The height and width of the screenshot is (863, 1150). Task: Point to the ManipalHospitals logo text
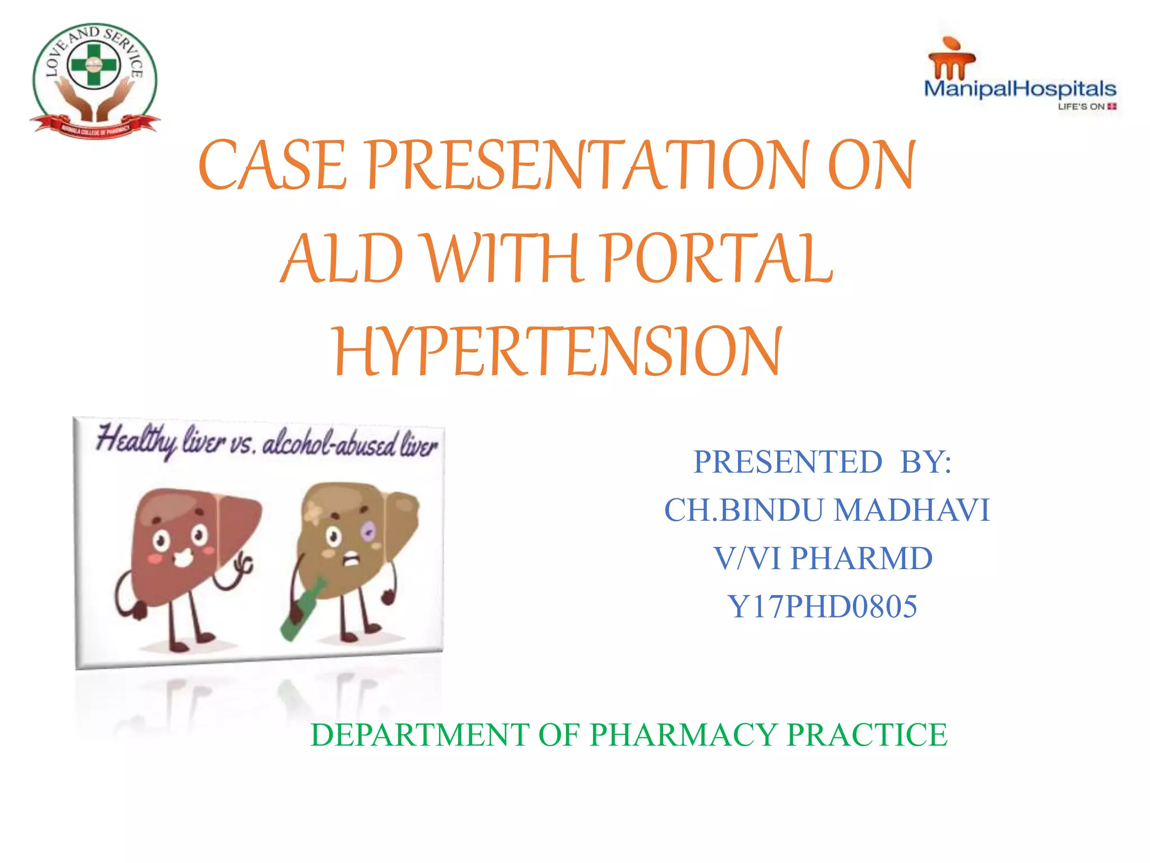point(1020,89)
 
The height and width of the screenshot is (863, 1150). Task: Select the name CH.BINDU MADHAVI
point(827,510)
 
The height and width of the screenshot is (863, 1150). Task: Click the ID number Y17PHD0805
point(822,607)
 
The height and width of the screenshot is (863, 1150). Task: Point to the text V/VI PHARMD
point(823,558)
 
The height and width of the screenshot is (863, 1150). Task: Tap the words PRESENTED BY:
point(822,462)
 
